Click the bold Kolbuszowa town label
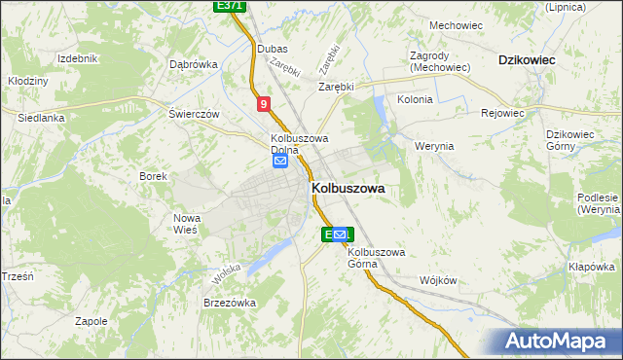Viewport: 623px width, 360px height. click(x=348, y=190)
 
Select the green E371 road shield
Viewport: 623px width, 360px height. click(x=230, y=6)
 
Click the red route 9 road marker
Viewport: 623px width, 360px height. click(x=264, y=103)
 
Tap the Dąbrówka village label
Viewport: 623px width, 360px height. click(x=193, y=65)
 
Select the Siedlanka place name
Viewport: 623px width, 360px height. click(x=41, y=118)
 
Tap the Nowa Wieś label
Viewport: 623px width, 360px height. click(x=186, y=224)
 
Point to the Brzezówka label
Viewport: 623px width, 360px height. click(x=229, y=303)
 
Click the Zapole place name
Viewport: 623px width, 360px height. click(x=91, y=320)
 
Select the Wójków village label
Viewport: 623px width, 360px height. click(x=437, y=280)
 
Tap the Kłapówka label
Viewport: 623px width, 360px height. click(x=592, y=267)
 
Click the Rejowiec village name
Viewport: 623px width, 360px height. click(x=502, y=113)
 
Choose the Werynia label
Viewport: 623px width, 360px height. click(x=434, y=146)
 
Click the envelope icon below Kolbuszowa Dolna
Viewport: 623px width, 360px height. click(x=280, y=162)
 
